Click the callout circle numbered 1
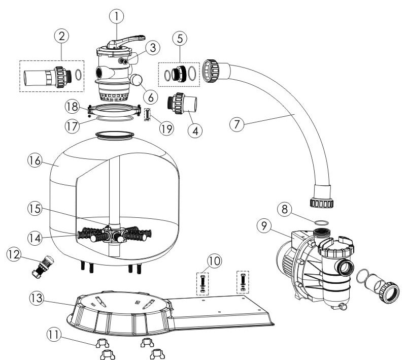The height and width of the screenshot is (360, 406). (x=116, y=16)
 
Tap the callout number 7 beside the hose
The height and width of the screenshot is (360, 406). (x=237, y=124)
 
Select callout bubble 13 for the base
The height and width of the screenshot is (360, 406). (x=36, y=298)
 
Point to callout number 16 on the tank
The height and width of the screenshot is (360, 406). (x=35, y=160)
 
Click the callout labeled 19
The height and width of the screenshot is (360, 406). (x=166, y=128)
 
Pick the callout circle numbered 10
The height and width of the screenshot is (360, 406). (x=214, y=261)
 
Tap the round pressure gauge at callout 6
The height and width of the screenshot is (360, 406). (x=136, y=80)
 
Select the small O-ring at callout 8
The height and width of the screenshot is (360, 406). (x=321, y=223)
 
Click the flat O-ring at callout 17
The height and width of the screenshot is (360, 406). (x=115, y=118)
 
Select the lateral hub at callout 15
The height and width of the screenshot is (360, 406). (x=113, y=234)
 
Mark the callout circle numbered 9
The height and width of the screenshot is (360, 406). (x=264, y=226)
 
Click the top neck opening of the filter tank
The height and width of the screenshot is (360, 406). (x=115, y=136)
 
